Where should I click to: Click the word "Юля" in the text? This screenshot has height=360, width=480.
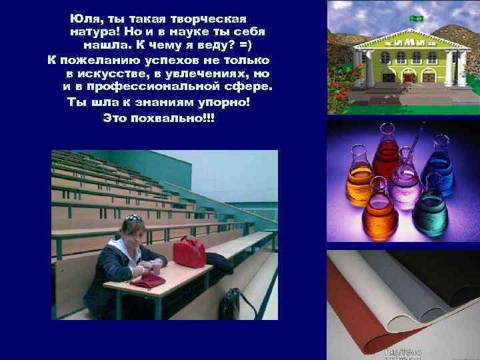click(83, 17)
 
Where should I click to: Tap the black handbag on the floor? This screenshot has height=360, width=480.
click(230, 303)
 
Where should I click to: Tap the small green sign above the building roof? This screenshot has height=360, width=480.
click(416, 19)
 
